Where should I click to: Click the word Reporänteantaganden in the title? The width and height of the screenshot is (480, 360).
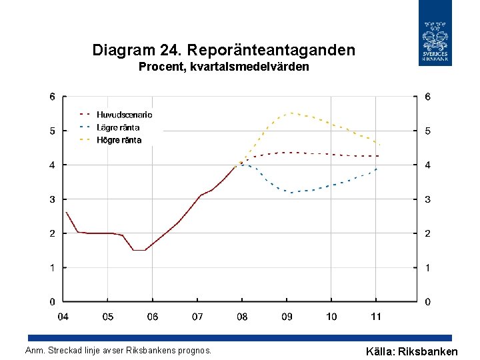272,50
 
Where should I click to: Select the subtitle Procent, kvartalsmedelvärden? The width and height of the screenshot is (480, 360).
223,67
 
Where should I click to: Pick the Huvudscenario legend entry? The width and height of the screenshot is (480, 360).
124,115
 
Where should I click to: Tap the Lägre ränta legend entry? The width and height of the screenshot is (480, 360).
119,127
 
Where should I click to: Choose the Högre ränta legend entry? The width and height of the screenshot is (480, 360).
119,140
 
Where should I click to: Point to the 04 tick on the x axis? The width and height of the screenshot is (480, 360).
63,317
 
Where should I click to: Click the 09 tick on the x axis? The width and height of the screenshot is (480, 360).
287,317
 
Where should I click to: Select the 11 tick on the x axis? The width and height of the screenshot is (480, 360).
376,317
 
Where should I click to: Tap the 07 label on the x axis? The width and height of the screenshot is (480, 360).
197,317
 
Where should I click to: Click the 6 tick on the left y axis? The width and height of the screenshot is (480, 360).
53,97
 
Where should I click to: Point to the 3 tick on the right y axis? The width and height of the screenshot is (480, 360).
427,199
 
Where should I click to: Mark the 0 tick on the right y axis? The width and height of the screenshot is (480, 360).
427,302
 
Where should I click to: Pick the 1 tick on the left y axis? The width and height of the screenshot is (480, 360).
53,267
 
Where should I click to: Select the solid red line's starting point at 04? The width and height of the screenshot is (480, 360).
66,212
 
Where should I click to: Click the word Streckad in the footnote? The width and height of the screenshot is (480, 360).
63,350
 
